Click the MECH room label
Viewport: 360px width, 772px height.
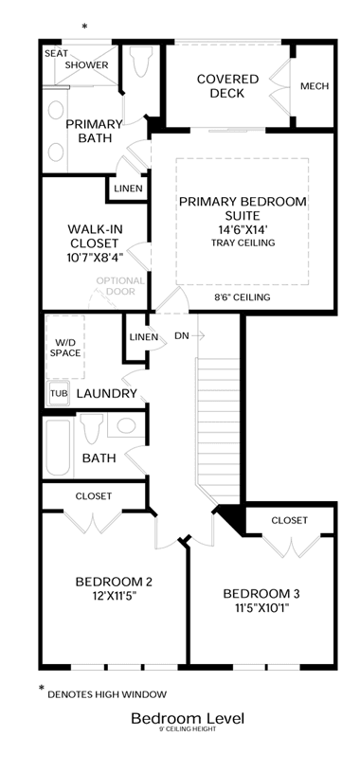pos(315,86)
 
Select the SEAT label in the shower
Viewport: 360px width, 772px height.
pos(56,53)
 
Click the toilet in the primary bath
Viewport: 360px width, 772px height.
pos(141,62)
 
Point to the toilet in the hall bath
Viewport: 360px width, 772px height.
pos(91,428)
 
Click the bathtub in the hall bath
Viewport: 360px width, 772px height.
pos(59,447)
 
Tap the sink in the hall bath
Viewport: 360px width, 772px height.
pos(126,425)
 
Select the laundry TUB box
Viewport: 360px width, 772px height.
pos(56,393)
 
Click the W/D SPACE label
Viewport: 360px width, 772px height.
pos(65,348)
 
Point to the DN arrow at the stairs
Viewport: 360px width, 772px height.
pos(198,336)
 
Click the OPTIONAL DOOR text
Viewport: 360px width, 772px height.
pos(120,286)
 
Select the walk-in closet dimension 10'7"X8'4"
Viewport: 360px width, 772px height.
pos(95,257)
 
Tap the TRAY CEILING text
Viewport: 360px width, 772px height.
pos(243,242)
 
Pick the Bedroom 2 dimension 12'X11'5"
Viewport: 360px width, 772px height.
pos(114,596)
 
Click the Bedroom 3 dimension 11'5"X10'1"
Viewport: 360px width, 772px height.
pos(261,607)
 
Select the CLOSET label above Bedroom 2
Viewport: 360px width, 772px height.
pos(94,496)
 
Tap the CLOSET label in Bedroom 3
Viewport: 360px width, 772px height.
pos(290,520)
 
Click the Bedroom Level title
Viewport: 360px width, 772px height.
pos(188,719)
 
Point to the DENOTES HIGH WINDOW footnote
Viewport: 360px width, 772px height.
pos(107,695)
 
